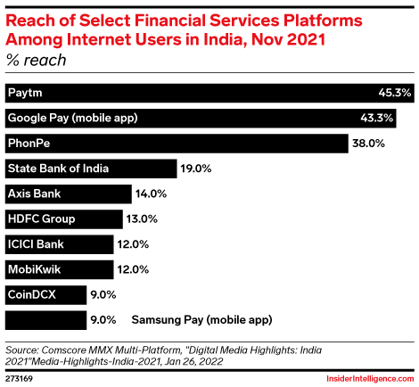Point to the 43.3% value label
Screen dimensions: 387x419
(392, 118)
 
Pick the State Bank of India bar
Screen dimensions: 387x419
(89, 168)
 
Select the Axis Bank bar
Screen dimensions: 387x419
(67, 193)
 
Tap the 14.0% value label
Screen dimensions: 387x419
(148, 193)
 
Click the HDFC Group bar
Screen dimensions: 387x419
(63, 218)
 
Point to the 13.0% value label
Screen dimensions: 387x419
(140, 218)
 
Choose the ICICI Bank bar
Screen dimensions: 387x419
(60, 243)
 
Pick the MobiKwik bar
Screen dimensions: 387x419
(60, 268)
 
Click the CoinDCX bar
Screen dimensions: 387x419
(45, 293)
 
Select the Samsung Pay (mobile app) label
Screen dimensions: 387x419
(201, 318)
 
